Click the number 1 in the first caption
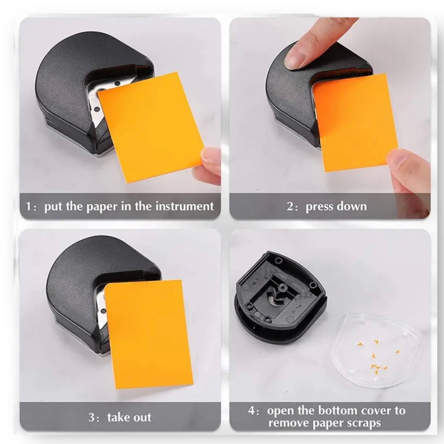(28, 206)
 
